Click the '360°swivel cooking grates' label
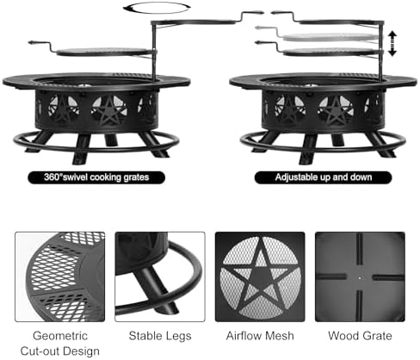96,177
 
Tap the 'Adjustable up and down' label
323,177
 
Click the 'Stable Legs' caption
160,336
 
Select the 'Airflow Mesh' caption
260,336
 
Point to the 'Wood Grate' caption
360,336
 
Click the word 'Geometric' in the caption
60,336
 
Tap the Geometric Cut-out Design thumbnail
60,276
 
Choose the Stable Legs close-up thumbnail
160,276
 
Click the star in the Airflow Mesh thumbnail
261,276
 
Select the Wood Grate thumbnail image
360,276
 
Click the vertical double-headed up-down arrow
392,44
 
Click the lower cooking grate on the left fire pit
105,52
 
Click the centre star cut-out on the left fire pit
109,110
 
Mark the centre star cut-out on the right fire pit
336,110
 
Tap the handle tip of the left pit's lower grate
30,43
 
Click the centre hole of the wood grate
361,277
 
